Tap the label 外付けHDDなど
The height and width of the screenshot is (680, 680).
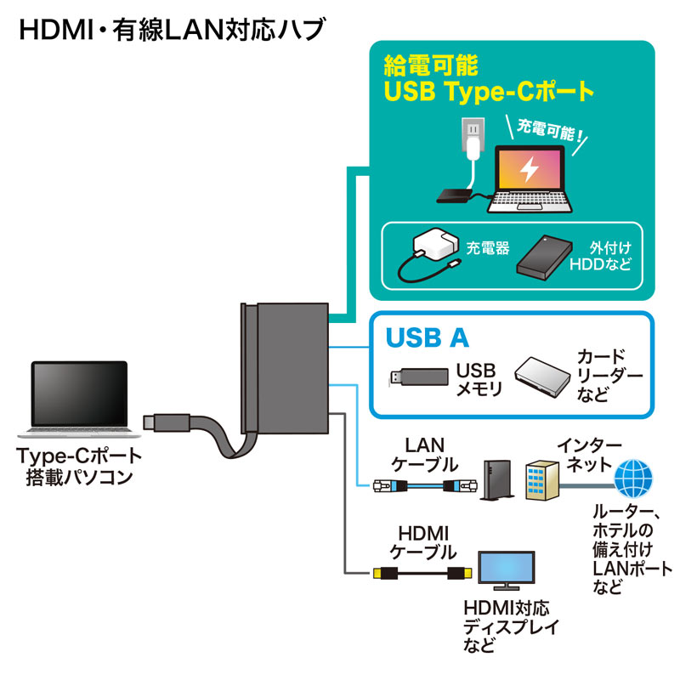click(609, 258)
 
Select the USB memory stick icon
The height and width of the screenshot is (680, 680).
click(417, 377)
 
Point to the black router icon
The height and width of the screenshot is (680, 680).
click(494, 481)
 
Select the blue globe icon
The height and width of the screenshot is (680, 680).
click(633, 479)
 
